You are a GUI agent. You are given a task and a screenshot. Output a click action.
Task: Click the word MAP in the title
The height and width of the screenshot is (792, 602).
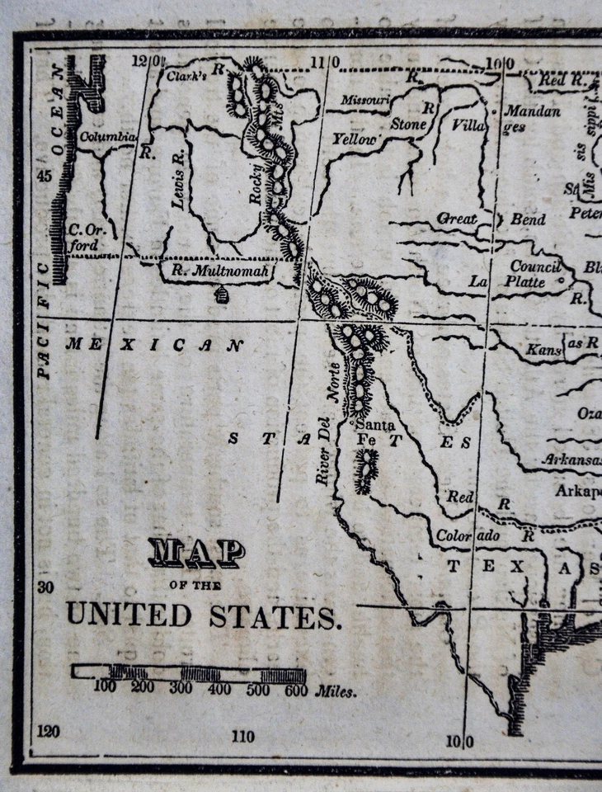pos(196,554)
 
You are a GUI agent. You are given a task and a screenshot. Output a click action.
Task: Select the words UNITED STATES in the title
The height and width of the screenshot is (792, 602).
pos(203,615)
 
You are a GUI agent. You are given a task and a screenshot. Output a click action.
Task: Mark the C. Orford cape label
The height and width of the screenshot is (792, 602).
pos(85,238)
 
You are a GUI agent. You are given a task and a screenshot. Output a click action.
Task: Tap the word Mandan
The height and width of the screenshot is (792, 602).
pos(532,111)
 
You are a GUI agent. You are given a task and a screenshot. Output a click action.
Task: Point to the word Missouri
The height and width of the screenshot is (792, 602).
pos(364,100)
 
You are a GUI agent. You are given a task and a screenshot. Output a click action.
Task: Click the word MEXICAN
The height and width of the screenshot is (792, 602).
pos(154,344)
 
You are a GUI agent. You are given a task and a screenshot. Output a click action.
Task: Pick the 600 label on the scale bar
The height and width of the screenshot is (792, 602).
pos(295,691)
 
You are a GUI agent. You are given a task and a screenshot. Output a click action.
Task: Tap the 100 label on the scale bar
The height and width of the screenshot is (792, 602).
pos(105,687)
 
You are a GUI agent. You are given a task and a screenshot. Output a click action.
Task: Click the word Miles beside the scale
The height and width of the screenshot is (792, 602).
pos(336,691)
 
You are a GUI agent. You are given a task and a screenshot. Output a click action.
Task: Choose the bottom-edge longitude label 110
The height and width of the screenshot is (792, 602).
pos(242,736)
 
